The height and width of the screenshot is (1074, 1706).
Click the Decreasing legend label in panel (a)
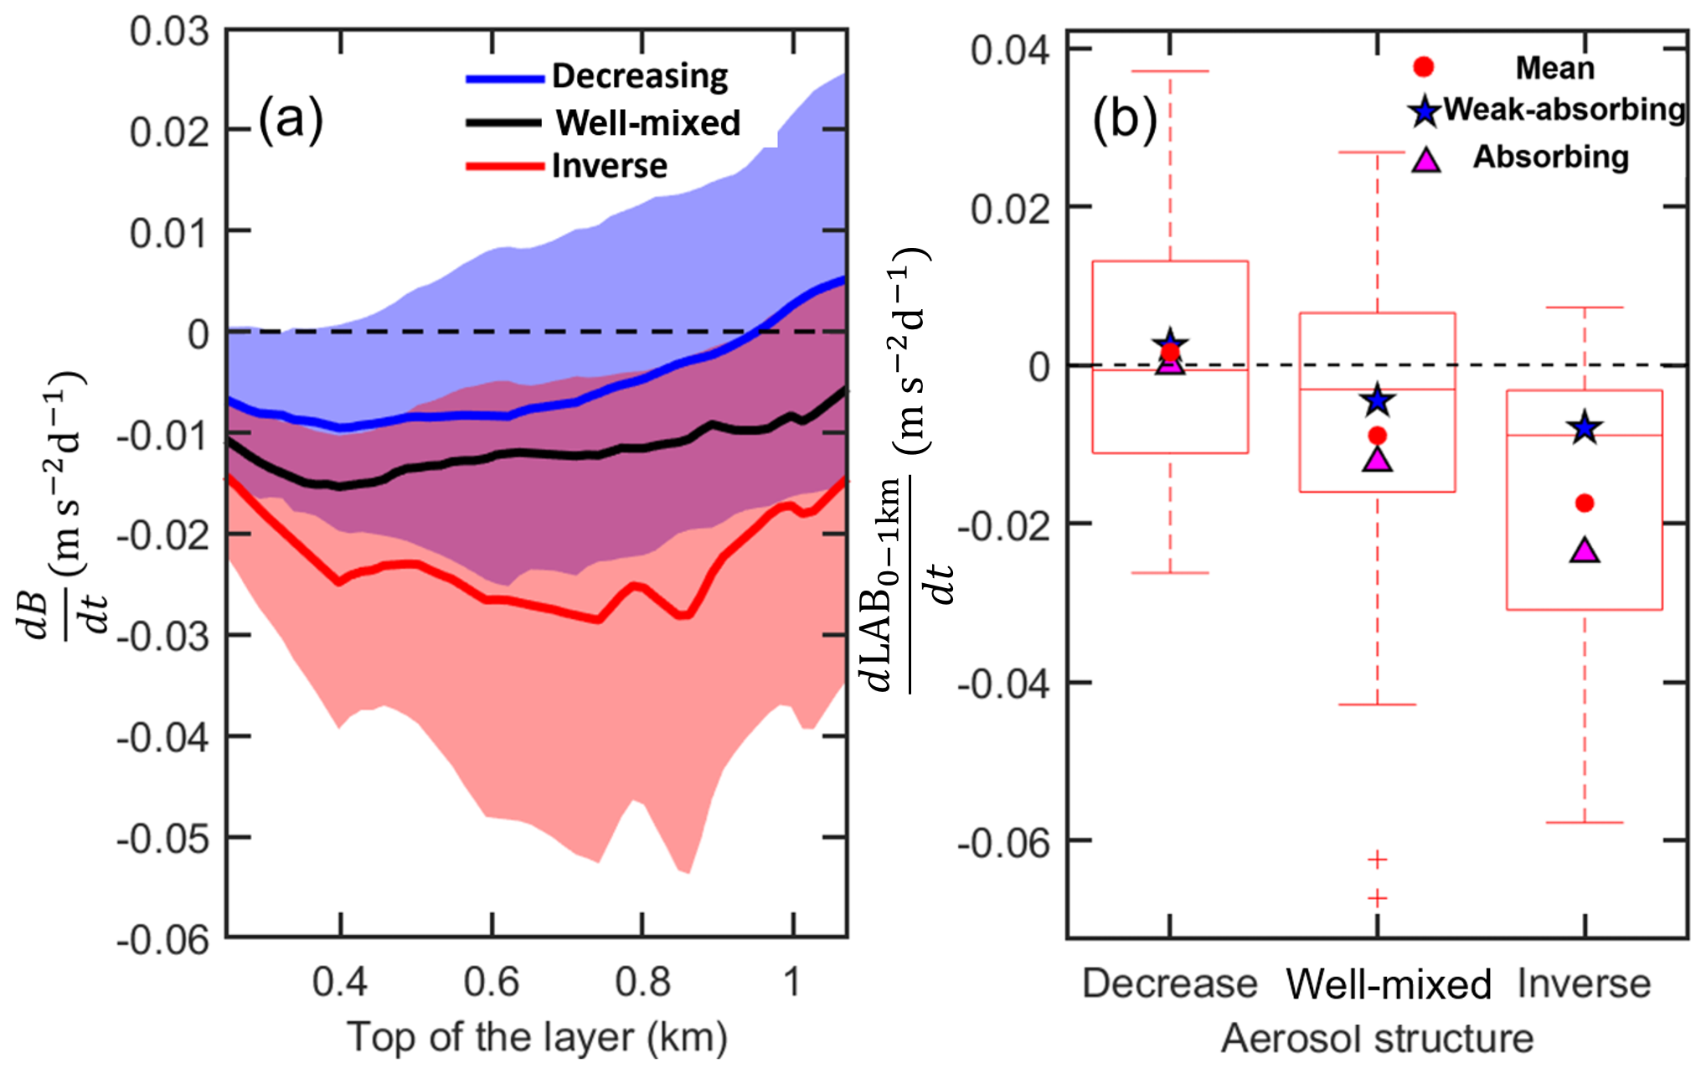pyautogui.click(x=640, y=76)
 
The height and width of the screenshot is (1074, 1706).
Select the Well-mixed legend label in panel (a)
pyautogui.click(x=647, y=123)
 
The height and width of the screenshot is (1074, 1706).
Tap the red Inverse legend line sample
pyautogui.click(x=505, y=166)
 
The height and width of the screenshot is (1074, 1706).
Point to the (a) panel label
pyautogui.click(x=290, y=119)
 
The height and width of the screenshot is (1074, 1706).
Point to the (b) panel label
pyautogui.click(x=1125, y=119)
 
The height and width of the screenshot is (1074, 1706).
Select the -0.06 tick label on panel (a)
pyautogui.click(x=163, y=939)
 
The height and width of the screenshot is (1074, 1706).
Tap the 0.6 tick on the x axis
pyautogui.click(x=492, y=981)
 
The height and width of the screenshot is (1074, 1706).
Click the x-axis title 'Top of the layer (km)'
pyautogui.click(x=537, y=1037)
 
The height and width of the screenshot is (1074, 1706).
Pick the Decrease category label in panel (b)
pyautogui.click(x=1169, y=983)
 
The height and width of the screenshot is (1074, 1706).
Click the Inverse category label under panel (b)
pyautogui.click(x=1584, y=983)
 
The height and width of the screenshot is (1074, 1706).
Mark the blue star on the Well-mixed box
pyautogui.click(x=1377, y=401)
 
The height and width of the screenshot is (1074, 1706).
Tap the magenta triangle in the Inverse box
pyautogui.click(x=1585, y=550)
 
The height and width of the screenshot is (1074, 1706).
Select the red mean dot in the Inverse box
pyautogui.click(x=1585, y=503)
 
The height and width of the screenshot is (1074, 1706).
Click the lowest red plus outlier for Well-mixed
pyautogui.click(x=1377, y=898)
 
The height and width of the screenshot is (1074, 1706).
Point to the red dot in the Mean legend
pyautogui.click(x=1424, y=67)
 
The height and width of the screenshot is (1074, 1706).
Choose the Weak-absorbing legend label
pyautogui.click(x=1564, y=110)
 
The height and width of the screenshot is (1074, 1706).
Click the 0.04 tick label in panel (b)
pyautogui.click(x=1009, y=50)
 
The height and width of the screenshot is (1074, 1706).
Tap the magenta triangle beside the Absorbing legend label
pyautogui.click(x=1425, y=159)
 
